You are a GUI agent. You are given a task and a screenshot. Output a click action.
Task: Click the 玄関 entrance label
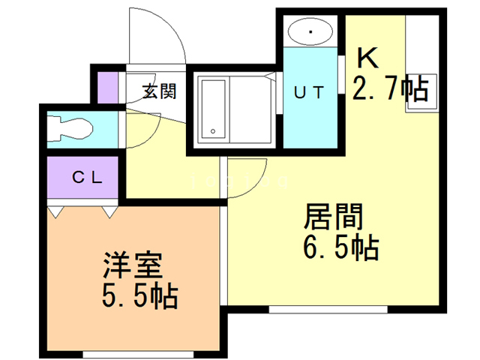pos(159,92)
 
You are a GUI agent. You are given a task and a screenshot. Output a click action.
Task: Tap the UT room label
pos(309,94)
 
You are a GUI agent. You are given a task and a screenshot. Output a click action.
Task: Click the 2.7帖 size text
pos(390,90)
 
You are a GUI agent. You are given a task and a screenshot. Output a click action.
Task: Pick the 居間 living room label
pos(333,218)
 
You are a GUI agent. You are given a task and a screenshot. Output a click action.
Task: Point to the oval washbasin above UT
pos(310,32)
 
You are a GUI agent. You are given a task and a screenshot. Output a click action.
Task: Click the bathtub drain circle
pos(213,132)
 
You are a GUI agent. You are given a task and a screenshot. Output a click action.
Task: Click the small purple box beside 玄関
pos(109,87)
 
